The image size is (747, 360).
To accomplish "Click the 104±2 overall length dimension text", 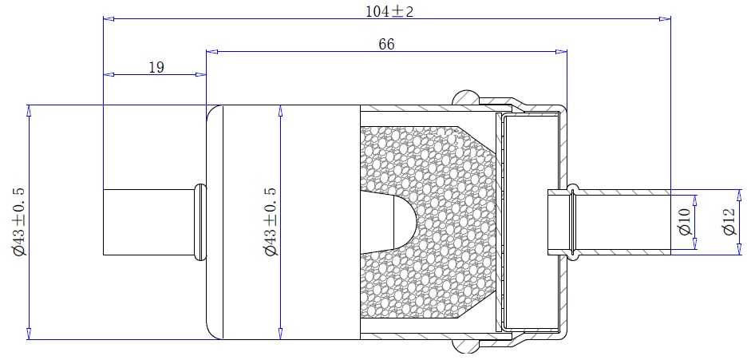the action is (389, 11).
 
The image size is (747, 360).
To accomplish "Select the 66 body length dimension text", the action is (386, 44).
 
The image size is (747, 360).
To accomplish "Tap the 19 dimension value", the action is (156, 68).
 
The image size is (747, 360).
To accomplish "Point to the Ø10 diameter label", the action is (685, 222).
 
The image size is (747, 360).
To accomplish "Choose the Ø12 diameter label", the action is (729, 222).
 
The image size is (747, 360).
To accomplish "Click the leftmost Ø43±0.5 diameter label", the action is (20, 222).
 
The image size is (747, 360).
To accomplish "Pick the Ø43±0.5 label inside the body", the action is (271, 222).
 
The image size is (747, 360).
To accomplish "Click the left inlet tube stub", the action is (148, 222).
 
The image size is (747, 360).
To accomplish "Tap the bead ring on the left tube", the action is (200, 222).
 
